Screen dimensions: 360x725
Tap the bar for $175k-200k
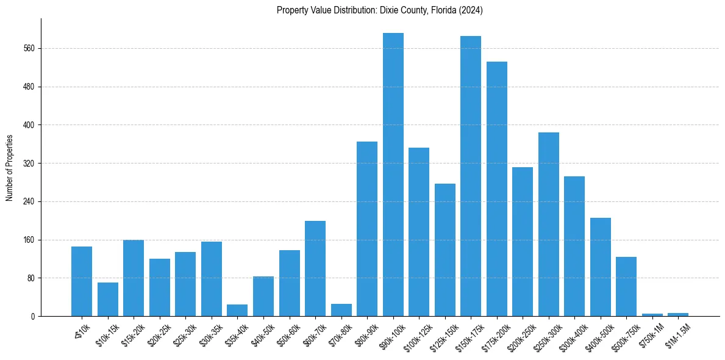[x=496, y=189]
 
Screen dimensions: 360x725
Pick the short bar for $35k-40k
[x=237, y=311]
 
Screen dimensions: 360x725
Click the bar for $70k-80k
[x=341, y=310]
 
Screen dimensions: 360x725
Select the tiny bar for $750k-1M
[x=652, y=315]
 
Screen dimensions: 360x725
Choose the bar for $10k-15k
[x=107, y=300]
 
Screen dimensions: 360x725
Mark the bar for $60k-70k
[x=315, y=268]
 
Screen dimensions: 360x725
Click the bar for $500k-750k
[x=626, y=287]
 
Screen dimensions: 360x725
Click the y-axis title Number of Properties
[x=9, y=168]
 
